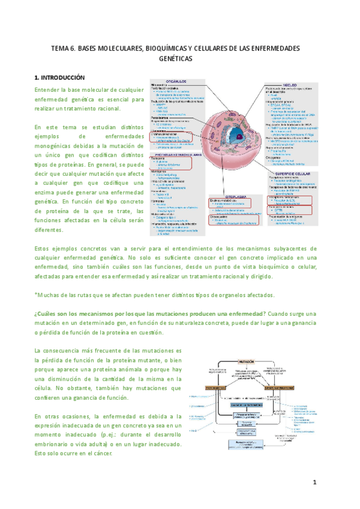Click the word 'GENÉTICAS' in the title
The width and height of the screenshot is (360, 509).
(x=179, y=60)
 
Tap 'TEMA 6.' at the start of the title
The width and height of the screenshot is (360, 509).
(x=62, y=48)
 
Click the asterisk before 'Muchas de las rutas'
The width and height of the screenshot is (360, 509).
(x=36, y=295)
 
